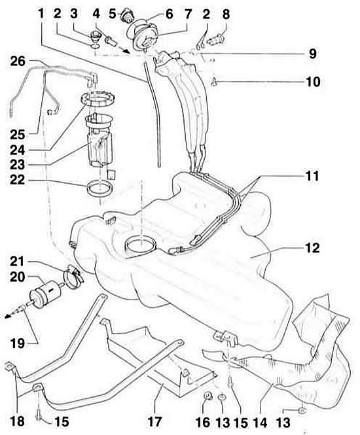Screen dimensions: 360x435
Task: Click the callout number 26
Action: [18, 61]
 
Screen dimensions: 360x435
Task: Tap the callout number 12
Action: [312, 248]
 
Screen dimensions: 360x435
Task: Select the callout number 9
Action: [312, 54]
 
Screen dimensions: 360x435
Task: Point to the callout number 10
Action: [313, 82]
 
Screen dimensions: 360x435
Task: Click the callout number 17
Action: [154, 422]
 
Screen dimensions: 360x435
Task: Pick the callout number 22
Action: [18, 180]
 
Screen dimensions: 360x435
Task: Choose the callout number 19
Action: [18, 343]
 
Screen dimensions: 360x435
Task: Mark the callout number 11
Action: [312, 176]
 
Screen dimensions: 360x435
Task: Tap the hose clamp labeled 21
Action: [73, 276]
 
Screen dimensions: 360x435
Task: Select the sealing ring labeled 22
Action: [100, 188]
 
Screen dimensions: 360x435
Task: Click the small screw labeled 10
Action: [214, 82]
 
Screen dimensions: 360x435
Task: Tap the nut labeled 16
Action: [207, 396]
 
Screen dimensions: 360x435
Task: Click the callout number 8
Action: [226, 14]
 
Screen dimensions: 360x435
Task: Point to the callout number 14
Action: [259, 422]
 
